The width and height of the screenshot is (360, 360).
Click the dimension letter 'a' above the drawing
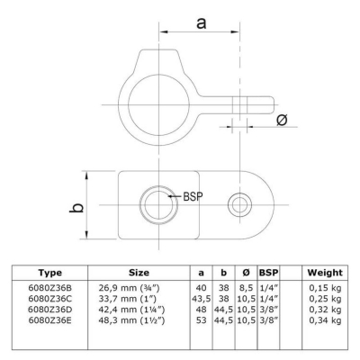click(202, 23)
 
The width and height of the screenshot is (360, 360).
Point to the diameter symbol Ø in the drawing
click(282, 120)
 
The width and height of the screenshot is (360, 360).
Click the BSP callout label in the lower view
click(193, 196)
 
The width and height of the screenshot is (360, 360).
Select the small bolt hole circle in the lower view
click(239, 205)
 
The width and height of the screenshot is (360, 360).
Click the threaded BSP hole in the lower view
click(158, 205)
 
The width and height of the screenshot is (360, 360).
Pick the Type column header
click(50, 273)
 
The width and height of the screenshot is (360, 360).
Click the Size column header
click(139, 273)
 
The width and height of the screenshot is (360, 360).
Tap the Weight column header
click(325, 273)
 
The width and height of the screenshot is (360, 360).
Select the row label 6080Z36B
click(50, 288)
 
